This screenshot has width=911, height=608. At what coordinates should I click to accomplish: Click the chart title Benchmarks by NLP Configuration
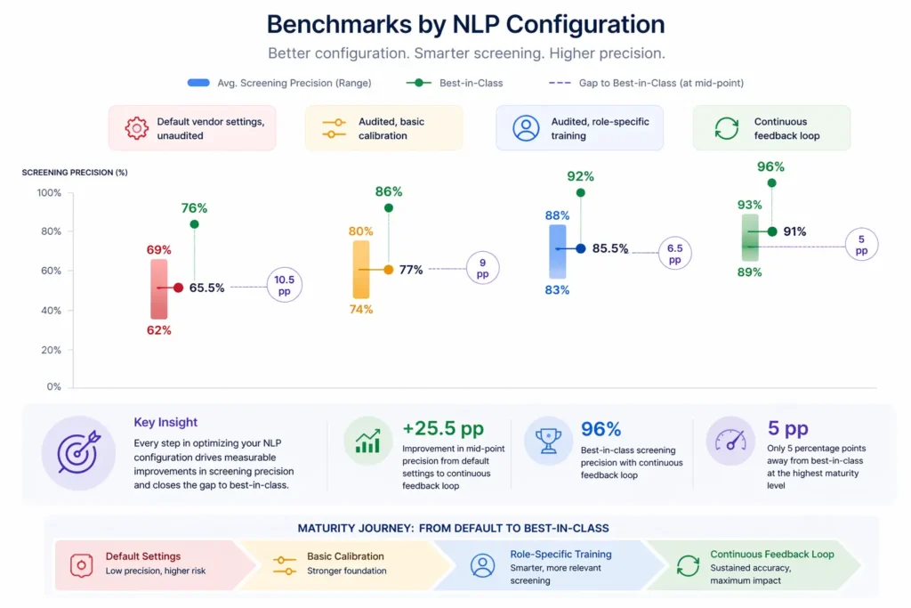[x=465, y=24]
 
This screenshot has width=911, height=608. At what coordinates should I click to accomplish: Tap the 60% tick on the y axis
[x=49, y=271]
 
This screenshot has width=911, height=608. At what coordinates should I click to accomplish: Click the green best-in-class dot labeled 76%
[x=194, y=224]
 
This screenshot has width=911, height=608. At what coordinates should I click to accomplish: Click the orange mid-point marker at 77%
[x=388, y=269]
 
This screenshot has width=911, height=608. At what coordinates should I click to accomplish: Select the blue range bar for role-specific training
[x=557, y=249]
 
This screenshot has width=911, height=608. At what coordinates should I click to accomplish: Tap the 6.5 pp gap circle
[x=674, y=253]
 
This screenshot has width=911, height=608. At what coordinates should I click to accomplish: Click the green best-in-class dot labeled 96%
[x=771, y=182]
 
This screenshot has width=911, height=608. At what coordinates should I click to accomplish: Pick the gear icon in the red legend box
[x=137, y=128]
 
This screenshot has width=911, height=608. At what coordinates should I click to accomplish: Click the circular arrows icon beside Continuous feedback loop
[x=726, y=128]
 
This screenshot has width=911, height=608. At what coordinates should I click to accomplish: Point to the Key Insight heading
[x=165, y=423]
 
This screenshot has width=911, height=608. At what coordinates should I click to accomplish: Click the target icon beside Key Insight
[x=77, y=452]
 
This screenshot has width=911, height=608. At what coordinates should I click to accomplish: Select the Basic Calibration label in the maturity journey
[x=345, y=555]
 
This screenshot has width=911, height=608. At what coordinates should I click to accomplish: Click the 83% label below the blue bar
[x=557, y=290]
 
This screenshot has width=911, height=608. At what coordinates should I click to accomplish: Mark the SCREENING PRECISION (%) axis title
[x=75, y=172]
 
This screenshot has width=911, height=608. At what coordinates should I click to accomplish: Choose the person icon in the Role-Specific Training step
[x=482, y=565]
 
